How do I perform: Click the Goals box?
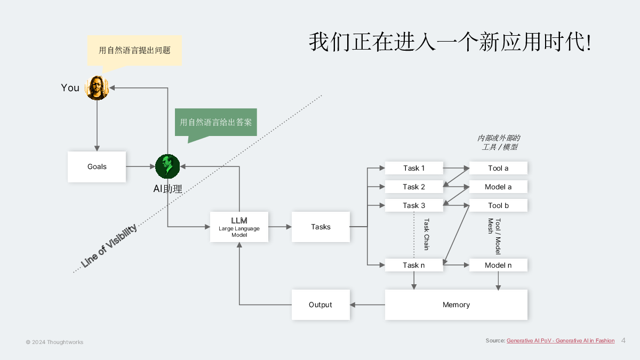[97, 167]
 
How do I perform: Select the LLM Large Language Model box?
[239, 227]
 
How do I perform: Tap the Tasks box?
[321, 227]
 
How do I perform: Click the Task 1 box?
[414, 168]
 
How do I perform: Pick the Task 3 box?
[414, 205]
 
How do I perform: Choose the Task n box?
[414, 265]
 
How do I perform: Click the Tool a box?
[498, 168]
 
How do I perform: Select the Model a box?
[498, 187]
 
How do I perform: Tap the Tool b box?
[498, 205]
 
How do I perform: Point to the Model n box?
[498, 265]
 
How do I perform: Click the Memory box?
[457, 305]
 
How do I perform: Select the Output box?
[321, 305]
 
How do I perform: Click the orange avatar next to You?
[97, 88]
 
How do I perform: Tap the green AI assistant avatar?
[167, 166]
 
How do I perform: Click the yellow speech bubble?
[134, 51]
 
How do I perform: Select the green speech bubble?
[215, 122]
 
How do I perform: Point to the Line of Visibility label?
[109, 246]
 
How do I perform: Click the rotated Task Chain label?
[426, 234]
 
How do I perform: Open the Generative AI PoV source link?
[561, 341]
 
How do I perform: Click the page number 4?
[623, 341]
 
